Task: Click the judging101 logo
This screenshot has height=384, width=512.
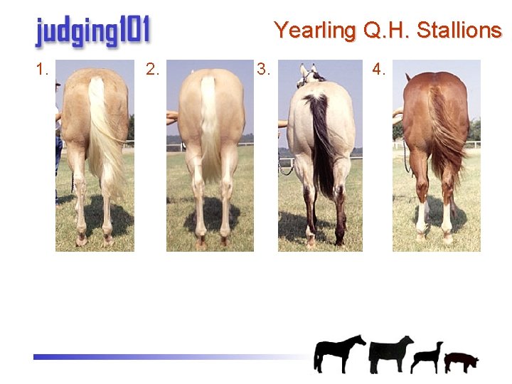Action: [x=92, y=32]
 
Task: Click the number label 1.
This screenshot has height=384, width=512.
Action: [x=42, y=69]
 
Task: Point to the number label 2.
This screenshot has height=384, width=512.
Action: [x=152, y=69]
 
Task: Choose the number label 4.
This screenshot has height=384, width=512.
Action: [x=379, y=69]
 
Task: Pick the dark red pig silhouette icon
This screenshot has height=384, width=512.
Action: [x=461, y=361]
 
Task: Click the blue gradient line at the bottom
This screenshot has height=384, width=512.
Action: [x=142, y=357]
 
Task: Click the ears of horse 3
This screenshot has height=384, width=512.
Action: [x=309, y=70]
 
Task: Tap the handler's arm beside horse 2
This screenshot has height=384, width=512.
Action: [x=171, y=117]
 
